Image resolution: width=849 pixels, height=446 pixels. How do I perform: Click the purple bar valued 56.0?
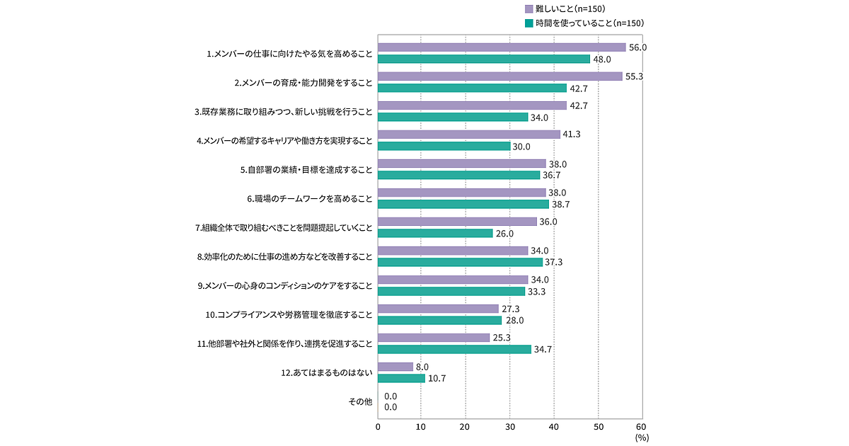pos(502,47)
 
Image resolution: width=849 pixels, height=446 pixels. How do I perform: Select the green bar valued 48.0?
pos(484,59)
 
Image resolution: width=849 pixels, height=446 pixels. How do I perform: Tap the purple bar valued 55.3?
pos(500,76)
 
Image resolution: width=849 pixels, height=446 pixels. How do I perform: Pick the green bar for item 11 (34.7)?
pos(454,349)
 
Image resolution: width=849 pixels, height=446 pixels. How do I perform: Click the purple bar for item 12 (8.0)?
pos(395,367)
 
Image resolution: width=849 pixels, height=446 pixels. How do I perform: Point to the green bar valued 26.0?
pos(435,233)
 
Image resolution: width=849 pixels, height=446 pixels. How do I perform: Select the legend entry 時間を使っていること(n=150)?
pos(584,23)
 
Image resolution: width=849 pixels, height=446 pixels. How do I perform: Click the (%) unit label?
pos(642,438)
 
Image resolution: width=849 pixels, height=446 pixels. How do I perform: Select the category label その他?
pos(360,401)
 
